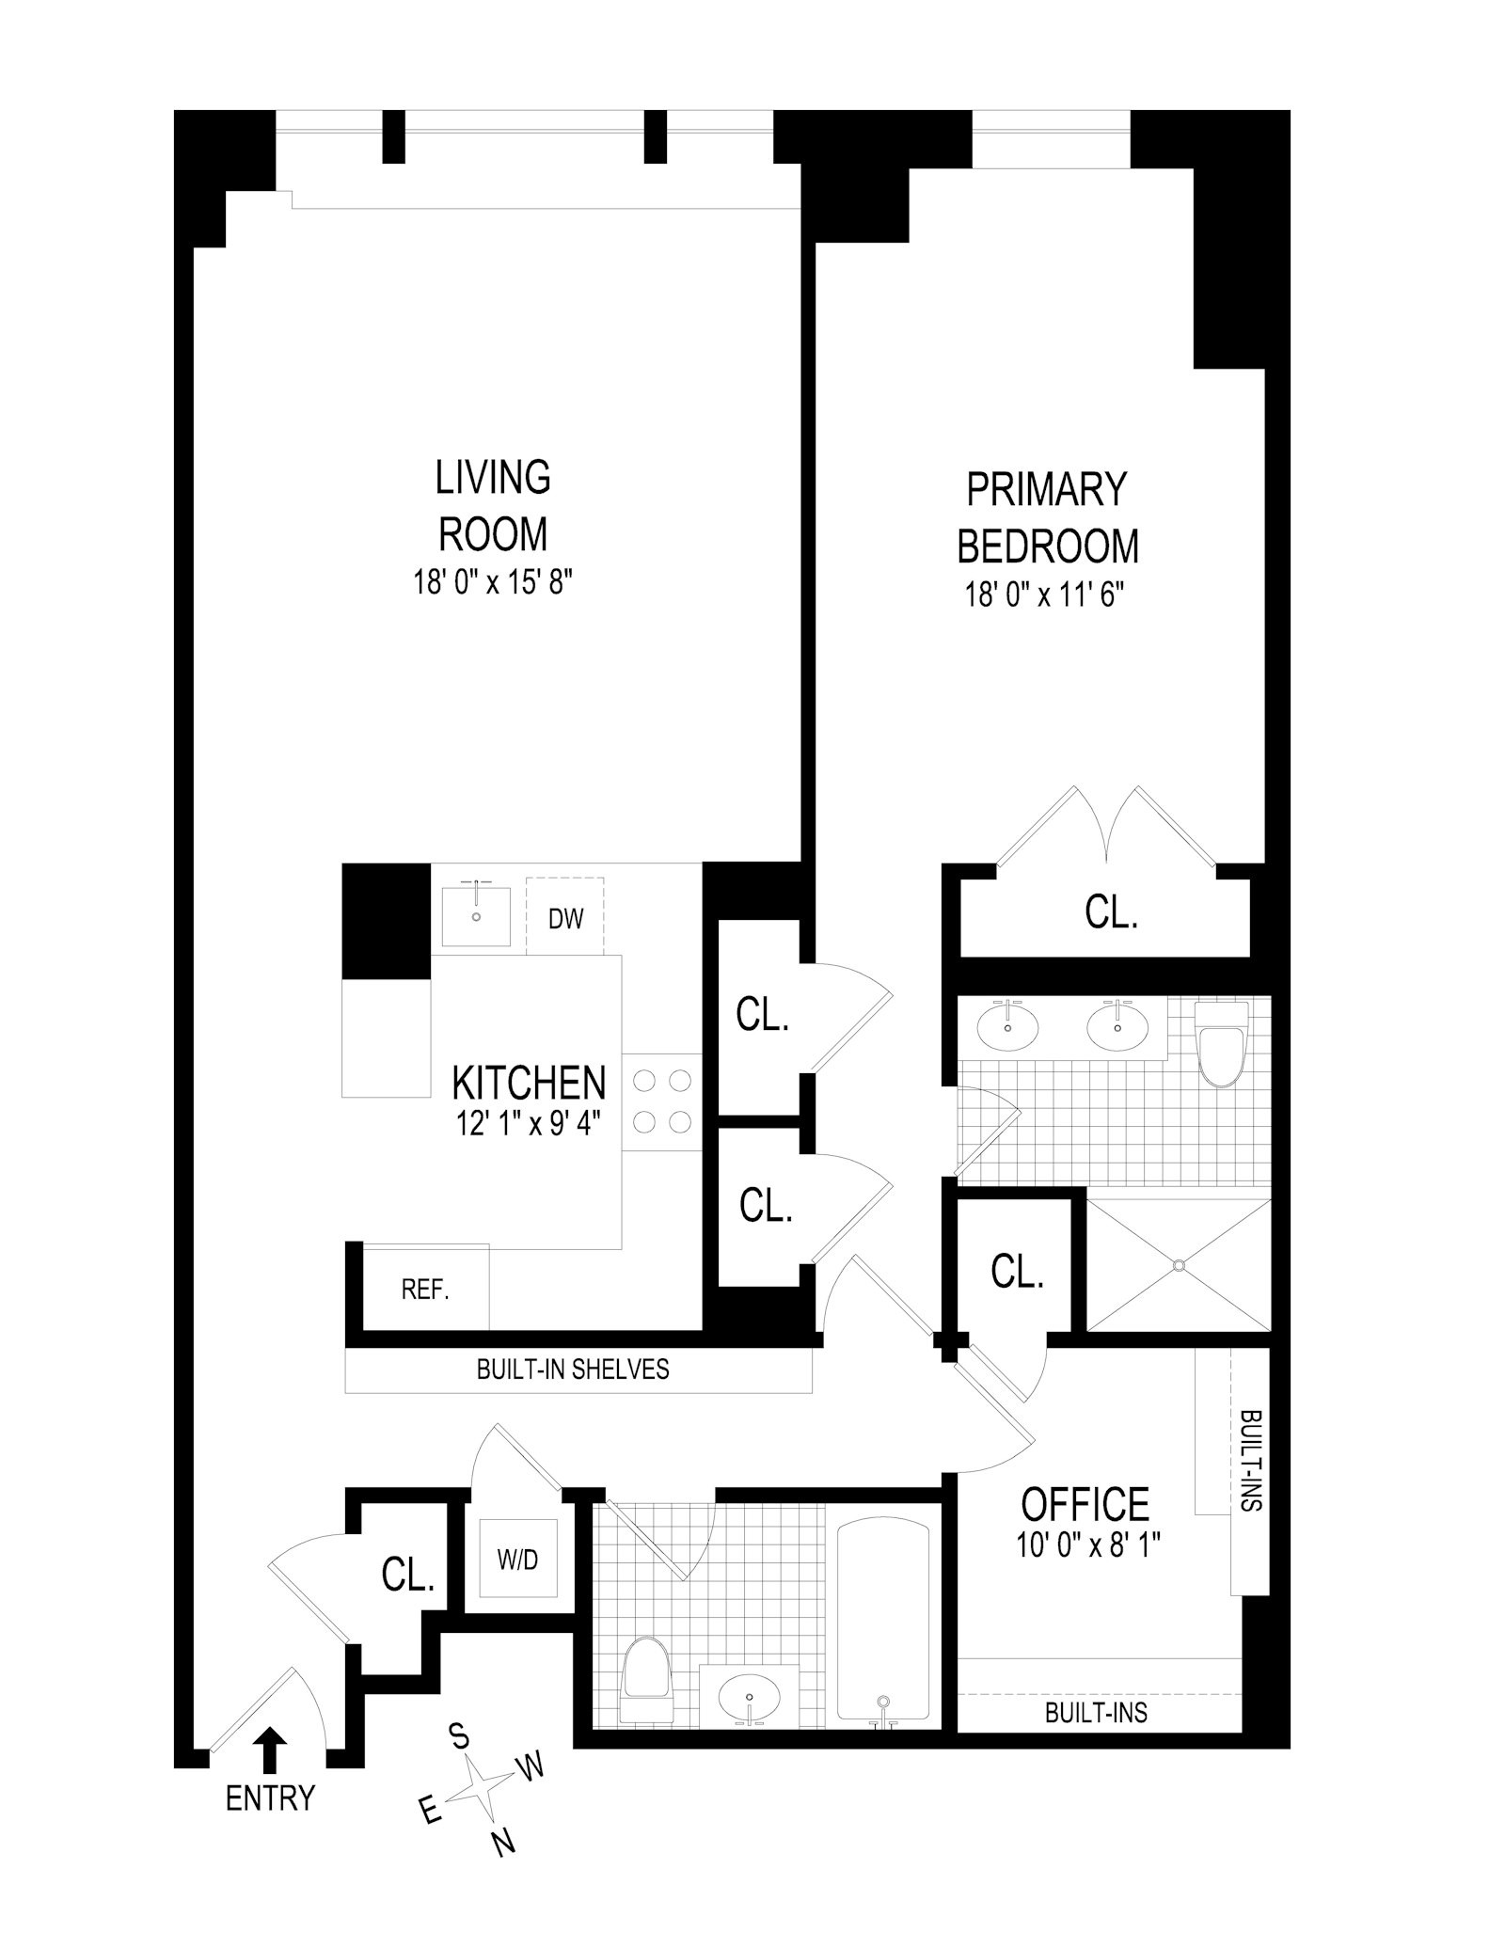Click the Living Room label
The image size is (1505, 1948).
tap(493, 505)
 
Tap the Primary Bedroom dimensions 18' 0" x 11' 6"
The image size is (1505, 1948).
tap(1045, 595)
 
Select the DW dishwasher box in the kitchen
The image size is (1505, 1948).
tap(565, 917)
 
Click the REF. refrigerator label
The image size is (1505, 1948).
tap(425, 1290)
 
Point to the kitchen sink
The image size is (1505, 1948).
tap(476, 915)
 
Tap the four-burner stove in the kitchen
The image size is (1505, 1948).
tap(662, 1101)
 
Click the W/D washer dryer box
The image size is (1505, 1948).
tap(518, 1559)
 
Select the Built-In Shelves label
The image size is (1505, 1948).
tap(573, 1370)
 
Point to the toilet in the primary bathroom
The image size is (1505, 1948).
tap(1219, 1044)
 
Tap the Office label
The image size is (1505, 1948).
tap(1085, 1504)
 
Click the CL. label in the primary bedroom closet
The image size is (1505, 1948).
tap(1111, 911)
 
